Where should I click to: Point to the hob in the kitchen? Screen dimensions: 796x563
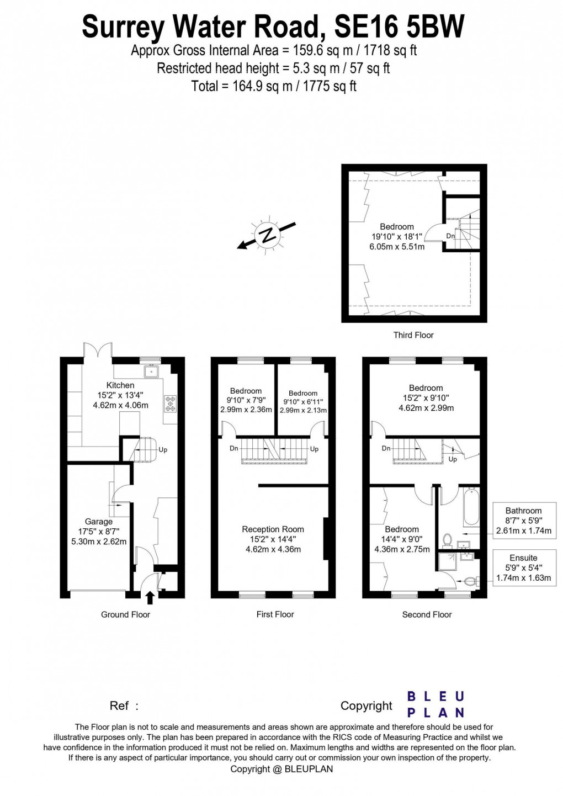pos(169,404)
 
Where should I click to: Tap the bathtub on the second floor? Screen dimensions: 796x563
pos(471,506)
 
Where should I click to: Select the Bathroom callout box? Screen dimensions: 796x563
pos(523,521)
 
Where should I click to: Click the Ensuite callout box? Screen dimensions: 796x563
pos(523,567)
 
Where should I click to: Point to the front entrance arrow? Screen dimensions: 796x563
pos(150,598)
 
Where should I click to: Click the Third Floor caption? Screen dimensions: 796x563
pos(413,335)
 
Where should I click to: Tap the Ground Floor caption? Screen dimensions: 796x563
pos(125,614)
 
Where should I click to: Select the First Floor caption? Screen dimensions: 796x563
pos(275,614)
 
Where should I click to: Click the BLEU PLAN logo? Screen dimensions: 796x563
pos(435,704)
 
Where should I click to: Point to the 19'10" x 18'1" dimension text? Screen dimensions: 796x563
pos(396,237)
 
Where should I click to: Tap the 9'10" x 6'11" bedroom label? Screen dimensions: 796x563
pos(303,402)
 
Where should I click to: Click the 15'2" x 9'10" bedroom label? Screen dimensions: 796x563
pos(426,398)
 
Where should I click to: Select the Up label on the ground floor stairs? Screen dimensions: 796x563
pos(163,450)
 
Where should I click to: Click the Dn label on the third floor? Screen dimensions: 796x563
pos(450,236)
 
